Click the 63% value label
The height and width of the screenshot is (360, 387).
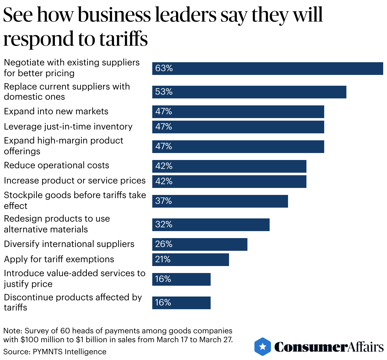click(164, 68)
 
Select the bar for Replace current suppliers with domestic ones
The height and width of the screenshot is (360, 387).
click(249, 92)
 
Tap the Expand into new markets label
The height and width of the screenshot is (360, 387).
click(56, 111)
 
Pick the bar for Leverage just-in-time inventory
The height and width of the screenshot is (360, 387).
click(238, 127)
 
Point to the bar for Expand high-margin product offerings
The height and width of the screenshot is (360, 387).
click(238, 147)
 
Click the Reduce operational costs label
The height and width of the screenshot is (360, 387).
click(56, 165)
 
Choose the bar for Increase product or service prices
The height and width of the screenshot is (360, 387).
click(229, 182)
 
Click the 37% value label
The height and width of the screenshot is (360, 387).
click(163, 201)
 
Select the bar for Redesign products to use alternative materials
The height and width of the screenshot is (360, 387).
click(211, 225)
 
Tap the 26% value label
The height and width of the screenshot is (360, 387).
click(164, 244)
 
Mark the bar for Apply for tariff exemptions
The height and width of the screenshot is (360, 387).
click(190, 260)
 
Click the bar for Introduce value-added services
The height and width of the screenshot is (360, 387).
click(181, 279)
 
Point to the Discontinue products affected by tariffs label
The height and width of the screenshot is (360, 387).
click(73, 302)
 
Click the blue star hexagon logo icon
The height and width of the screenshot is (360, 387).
click(263, 346)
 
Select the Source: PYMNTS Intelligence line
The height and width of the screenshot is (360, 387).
click(55, 352)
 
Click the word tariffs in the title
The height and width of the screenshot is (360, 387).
click(123, 39)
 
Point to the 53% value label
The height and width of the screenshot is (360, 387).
click(164, 92)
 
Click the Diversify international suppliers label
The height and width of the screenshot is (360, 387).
click(69, 244)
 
